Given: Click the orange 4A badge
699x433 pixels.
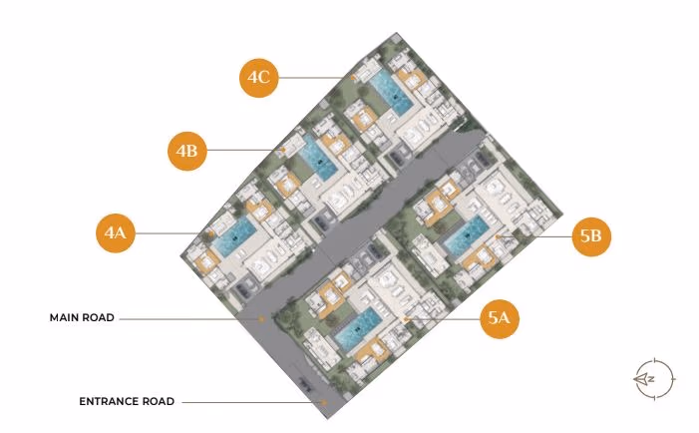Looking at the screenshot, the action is pos(116,232).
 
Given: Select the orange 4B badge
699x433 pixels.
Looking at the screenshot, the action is pos(186,151).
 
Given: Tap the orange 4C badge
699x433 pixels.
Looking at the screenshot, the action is pos(258,78).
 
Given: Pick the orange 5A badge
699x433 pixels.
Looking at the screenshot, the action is pos(500,318).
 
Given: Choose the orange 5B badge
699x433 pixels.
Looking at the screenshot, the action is pos(591,236).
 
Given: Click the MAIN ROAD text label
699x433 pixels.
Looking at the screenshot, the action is pos(82,318).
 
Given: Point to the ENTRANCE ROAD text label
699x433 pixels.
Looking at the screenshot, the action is pos(127,401).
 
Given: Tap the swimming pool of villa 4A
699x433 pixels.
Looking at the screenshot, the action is pos(234,237).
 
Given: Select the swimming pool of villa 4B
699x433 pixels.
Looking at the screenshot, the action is pos(318,159).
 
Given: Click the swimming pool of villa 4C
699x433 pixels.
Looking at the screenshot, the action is pos(392,93).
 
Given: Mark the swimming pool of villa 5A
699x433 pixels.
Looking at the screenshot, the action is pos(358,328).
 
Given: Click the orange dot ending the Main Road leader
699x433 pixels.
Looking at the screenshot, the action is pos(261,319).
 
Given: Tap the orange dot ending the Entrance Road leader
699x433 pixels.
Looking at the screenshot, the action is pos(324,402).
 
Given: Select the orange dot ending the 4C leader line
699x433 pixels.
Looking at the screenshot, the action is pos(353,78).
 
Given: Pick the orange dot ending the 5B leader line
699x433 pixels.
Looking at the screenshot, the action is pos(498,236).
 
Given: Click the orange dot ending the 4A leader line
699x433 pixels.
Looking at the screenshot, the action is pos(211,233).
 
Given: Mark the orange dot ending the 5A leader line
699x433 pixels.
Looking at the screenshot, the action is pos(405,319).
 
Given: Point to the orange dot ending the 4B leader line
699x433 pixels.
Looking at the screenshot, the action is pos(282,151).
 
